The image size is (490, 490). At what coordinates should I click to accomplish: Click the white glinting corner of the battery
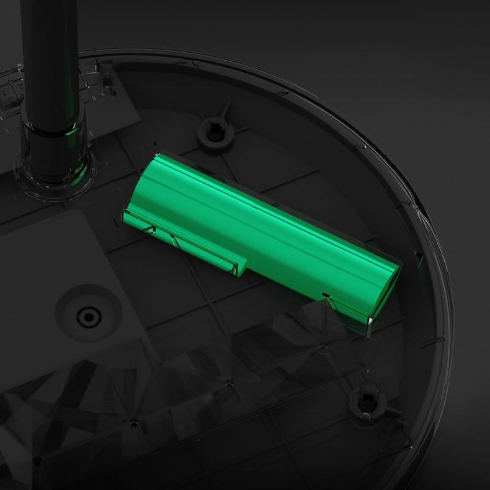tap(371, 321)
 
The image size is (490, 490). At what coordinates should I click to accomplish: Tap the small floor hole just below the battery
tap(322, 349)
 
